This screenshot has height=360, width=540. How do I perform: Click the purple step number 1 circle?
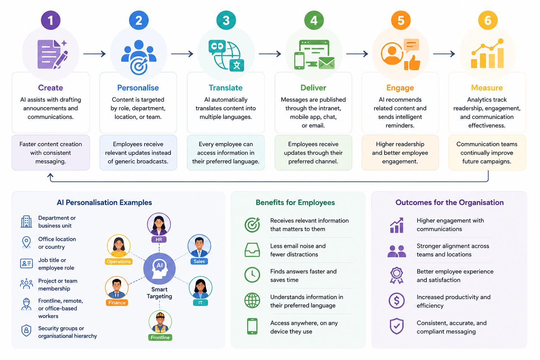pos(51,20)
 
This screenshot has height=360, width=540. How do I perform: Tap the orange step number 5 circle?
pos(401,20)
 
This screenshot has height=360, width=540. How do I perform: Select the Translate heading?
pos(226,88)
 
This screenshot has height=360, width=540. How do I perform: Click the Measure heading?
pos(487,88)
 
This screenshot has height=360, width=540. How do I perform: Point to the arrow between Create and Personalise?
pos(95,54)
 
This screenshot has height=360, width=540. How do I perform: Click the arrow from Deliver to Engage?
pos(357,54)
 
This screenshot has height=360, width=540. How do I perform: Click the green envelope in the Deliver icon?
pos(327,63)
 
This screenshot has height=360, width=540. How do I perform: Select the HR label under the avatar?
pos(159,239)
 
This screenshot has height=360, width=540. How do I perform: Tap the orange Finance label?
pos(117,303)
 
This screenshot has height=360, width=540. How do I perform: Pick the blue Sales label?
pos(199,261)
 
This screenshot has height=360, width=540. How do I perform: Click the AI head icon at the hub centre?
pos(159,269)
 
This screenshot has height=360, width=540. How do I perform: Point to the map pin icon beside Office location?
pos(26,242)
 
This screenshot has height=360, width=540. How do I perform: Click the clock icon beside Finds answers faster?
pos(252,275)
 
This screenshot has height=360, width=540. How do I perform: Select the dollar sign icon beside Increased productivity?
pos(397,301)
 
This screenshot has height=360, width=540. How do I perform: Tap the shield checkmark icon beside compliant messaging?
pos(397,326)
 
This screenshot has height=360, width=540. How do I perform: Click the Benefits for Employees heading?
pos(295,202)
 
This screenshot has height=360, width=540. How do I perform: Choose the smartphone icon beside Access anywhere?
pos(252,326)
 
